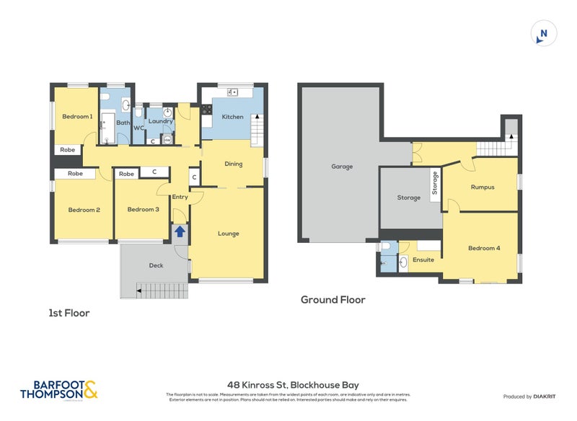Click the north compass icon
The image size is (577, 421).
point(544,34)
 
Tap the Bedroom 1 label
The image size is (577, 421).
point(76,117)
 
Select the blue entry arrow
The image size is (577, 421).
point(179,231)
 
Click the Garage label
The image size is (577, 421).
point(342,167)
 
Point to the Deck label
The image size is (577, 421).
point(156,265)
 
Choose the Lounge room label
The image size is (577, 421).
point(228,234)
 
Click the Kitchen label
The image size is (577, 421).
point(232,117)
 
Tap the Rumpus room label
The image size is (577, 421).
point(482,187)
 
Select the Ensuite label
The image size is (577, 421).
point(423,260)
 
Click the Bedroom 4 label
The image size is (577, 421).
point(483,248)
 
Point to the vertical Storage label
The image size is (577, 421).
point(435,182)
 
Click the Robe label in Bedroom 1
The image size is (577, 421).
point(67,150)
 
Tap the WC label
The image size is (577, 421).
point(138,128)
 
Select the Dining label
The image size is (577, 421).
point(233,164)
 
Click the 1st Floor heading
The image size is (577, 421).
point(69,314)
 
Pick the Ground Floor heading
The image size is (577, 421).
point(333,300)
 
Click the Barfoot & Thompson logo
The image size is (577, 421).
point(59,390)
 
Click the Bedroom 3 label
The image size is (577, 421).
point(143,210)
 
